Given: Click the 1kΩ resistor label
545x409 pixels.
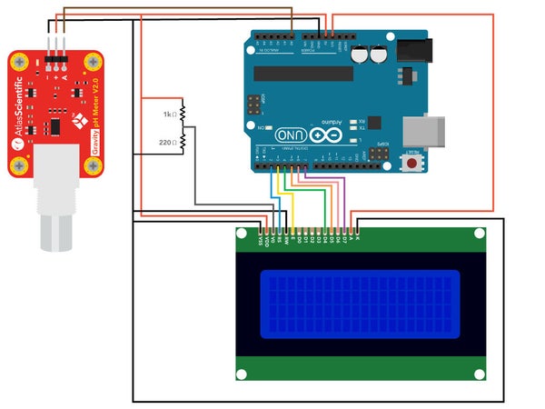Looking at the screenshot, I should (167, 115).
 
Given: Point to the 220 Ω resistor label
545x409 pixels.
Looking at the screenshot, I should (166, 143).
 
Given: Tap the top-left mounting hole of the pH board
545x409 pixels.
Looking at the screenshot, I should (19, 62).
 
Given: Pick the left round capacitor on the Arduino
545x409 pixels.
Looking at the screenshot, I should (361, 55).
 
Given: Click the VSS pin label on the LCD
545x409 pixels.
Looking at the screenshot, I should (261, 241).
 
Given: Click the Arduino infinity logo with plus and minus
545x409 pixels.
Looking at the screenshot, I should (332, 135).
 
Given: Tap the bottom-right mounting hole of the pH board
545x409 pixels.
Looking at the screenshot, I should (93, 165).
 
